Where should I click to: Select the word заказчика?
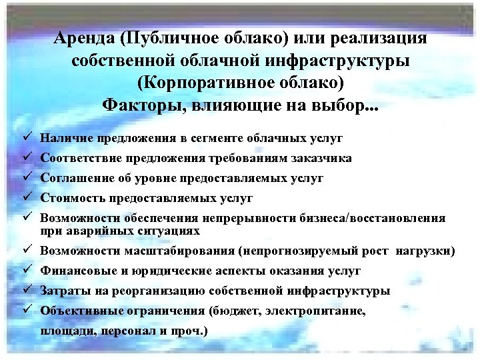[321, 159]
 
